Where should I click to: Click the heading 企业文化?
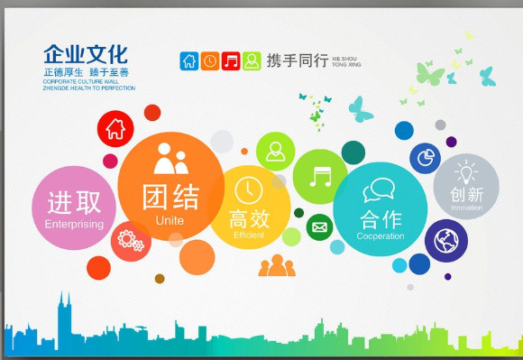click(x=86, y=54)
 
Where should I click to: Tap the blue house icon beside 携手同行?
click(x=189, y=61)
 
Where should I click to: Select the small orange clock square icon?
click(x=210, y=61)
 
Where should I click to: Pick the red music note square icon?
click(x=231, y=61)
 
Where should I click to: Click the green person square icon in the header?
click(x=252, y=61)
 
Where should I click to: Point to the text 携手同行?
click(x=297, y=61)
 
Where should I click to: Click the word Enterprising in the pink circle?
click(x=74, y=224)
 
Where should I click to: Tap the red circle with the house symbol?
click(x=115, y=128)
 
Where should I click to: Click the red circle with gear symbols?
click(x=132, y=241)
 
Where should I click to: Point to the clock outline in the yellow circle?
click(x=248, y=190)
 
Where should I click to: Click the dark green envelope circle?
click(x=319, y=226)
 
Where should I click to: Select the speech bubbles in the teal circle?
click(x=379, y=189)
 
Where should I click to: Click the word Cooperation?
click(x=380, y=236)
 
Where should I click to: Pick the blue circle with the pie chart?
click(x=425, y=159)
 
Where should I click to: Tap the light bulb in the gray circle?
click(x=466, y=171)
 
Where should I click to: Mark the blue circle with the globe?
click(x=445, y=241)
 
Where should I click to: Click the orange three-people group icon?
click(x=277, y=265)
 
